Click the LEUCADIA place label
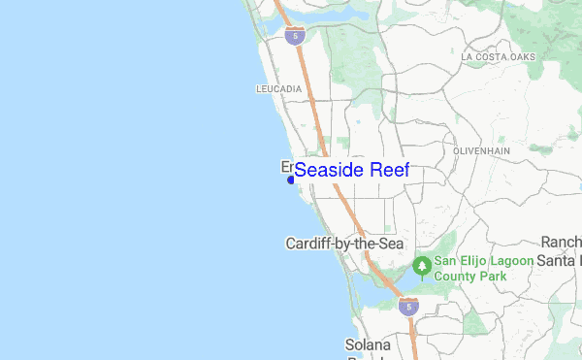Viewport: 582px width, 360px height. click(x=278, y=89)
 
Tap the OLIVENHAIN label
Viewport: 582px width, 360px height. click(x=482, y=151)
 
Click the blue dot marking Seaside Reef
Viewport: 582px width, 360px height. click(x=291, y=180)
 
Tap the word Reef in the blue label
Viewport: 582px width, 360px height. click(x=388, y=170)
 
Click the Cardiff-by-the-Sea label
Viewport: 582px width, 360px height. click(x=344, y=243)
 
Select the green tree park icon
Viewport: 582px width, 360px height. click(x=422, y=264)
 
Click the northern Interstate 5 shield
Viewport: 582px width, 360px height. click(x=296, y=36)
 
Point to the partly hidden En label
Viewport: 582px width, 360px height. click(x=286, y=166)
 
